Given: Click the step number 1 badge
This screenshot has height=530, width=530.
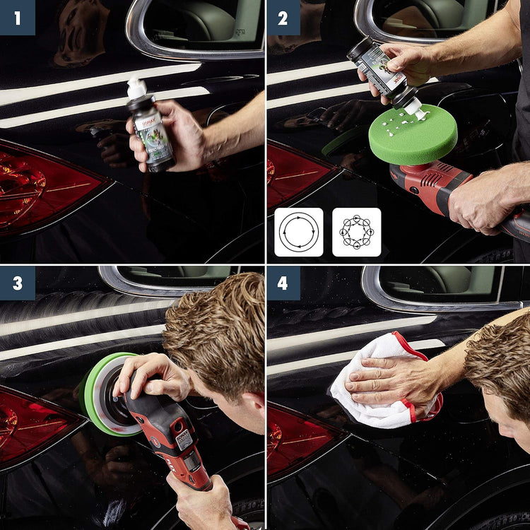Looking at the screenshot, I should (17, 17).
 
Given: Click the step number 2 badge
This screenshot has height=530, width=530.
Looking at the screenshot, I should (283, 17).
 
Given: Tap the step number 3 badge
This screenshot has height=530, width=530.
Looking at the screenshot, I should (17, 283).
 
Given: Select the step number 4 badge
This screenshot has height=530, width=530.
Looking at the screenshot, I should (283, 283).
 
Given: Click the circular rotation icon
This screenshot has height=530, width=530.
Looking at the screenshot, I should (299, 232).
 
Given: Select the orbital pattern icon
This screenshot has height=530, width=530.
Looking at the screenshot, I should (356, 232).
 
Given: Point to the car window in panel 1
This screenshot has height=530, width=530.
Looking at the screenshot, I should (198, 25).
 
